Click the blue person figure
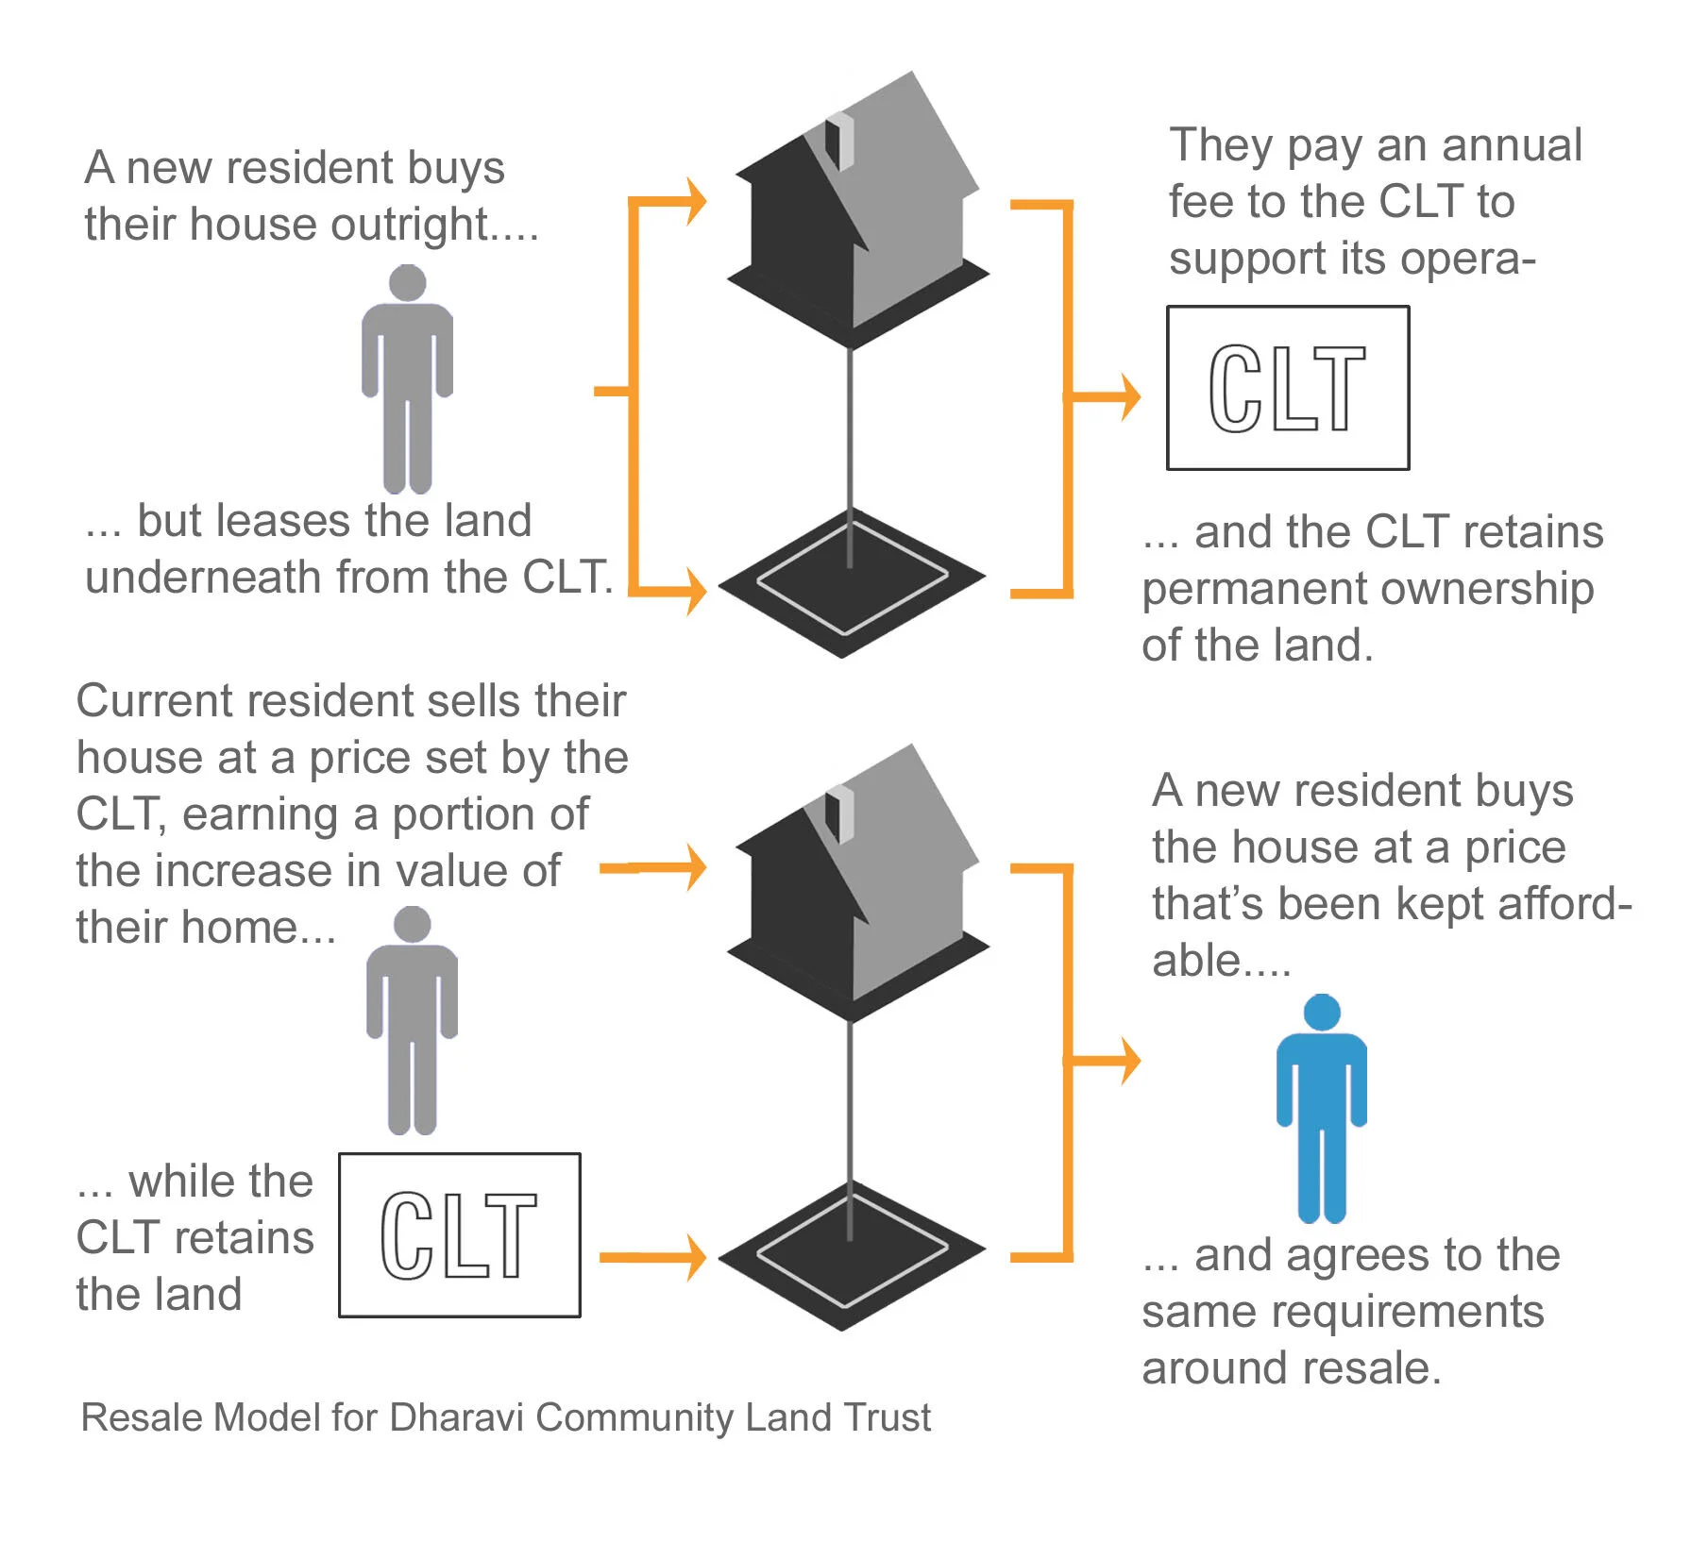point(1321,1114)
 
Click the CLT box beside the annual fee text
point(1288,388)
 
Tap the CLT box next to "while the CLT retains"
point(459,1234)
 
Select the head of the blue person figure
point(1322,1013)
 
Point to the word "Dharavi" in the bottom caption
point(457,1417)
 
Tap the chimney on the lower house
point(839,814)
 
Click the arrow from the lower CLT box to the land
point(651,1257)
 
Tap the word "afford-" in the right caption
point(1564,903)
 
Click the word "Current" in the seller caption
point(154,701)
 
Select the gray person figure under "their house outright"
point(407,377)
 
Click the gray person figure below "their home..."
point(412,1019)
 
